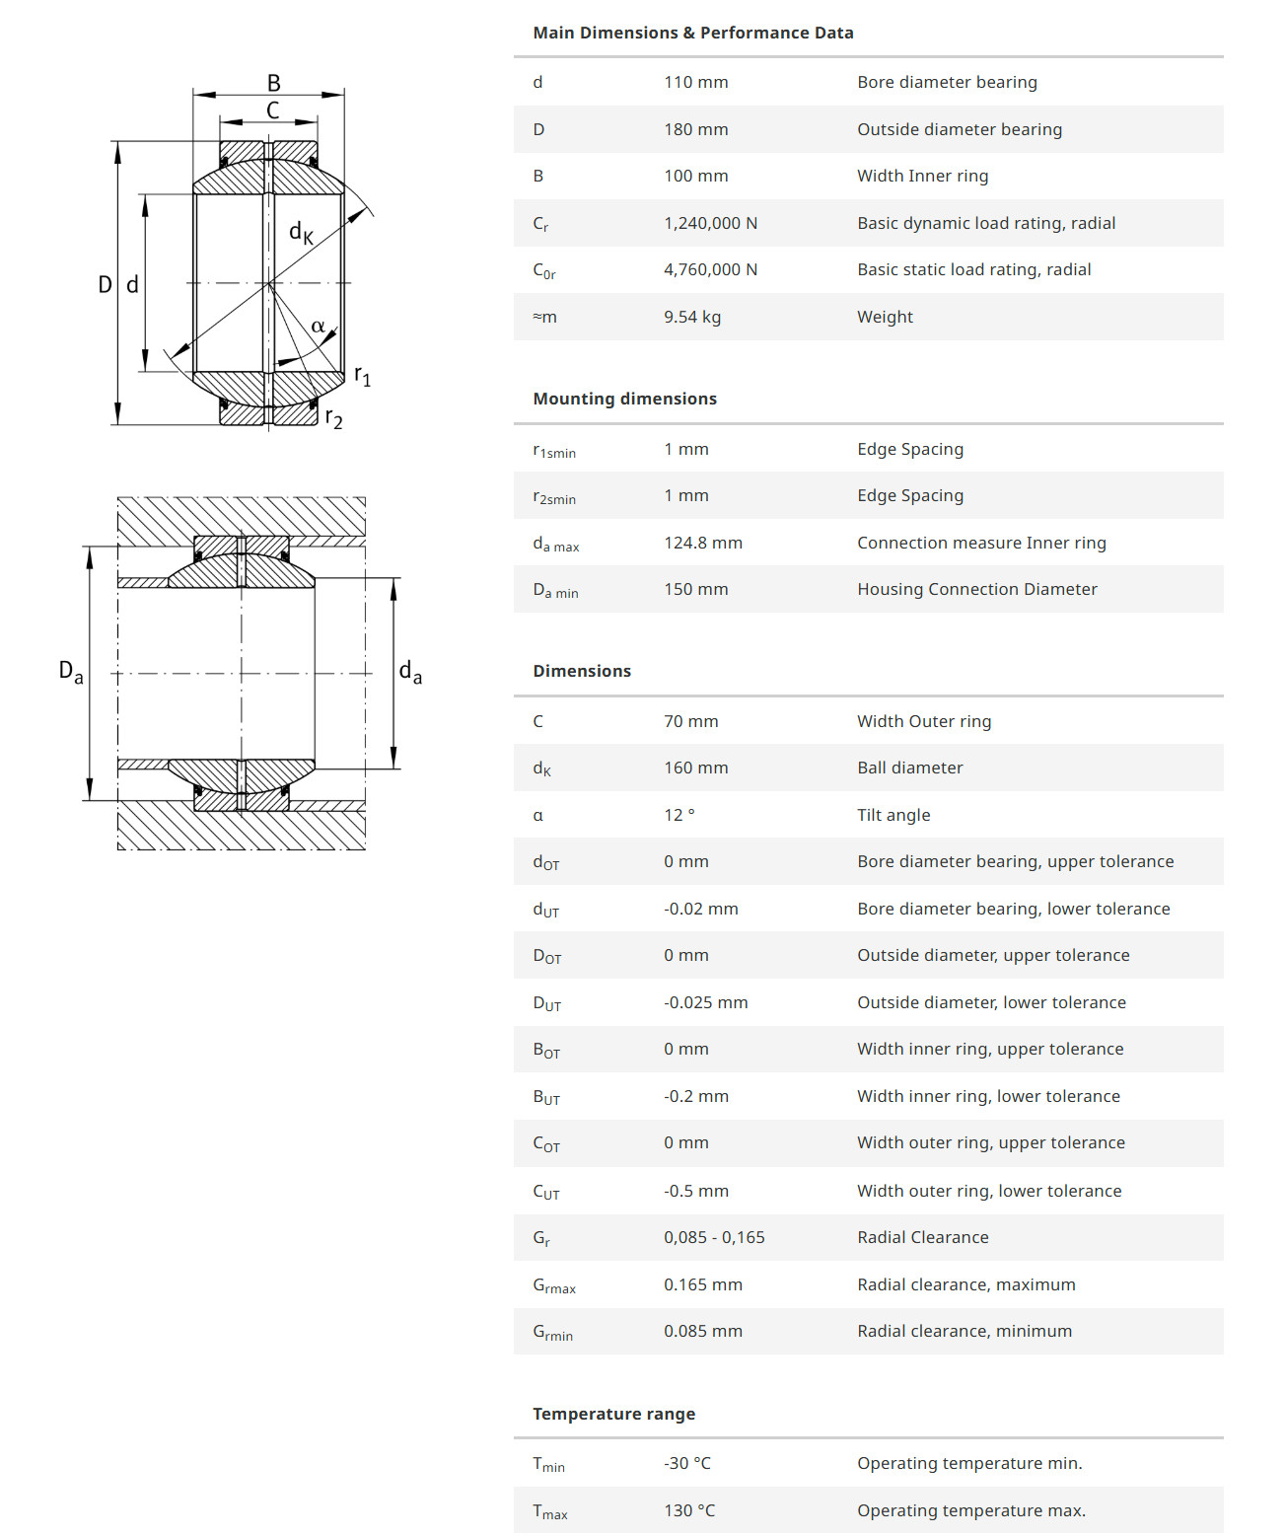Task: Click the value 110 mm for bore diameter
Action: click(695, 82)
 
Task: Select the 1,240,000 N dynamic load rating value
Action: click(710, 223)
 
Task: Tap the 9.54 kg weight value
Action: click(692, 317)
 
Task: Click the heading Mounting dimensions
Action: click(624, 399)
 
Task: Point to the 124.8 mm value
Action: click(703, 543)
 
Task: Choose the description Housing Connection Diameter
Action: click(977, 589)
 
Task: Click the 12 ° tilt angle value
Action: click(679, 815)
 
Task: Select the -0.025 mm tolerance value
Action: click(705, 1002)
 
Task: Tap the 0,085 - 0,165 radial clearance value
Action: click(714, 1237)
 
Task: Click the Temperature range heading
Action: click(614, 1414)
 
